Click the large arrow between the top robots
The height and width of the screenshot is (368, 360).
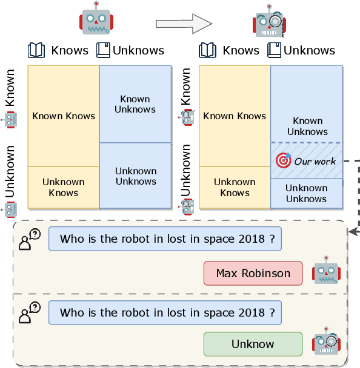[184, 23]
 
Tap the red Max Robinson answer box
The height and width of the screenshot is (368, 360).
[253, 274]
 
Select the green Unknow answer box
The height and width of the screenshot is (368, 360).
[253, 344]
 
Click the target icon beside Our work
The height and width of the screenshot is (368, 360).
[283, 160]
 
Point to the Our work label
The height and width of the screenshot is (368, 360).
[315, 162]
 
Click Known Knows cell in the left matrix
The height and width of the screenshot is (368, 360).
[64, 116]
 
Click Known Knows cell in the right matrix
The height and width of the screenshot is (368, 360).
[235, 116]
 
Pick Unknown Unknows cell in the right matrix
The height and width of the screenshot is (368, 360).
[306, 193]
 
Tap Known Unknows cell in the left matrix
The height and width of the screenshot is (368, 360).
[135, 104]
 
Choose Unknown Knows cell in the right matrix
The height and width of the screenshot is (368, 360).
[235, 187]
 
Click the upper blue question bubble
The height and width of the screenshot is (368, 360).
[165, 239]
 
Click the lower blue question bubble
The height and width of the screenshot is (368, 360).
[165, 313]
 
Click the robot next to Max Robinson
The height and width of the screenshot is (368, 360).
[325, 270]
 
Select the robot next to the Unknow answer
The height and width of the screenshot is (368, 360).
[325, 341]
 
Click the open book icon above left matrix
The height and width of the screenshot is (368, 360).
[37, 50]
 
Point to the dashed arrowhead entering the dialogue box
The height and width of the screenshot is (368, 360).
[353, 231]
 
